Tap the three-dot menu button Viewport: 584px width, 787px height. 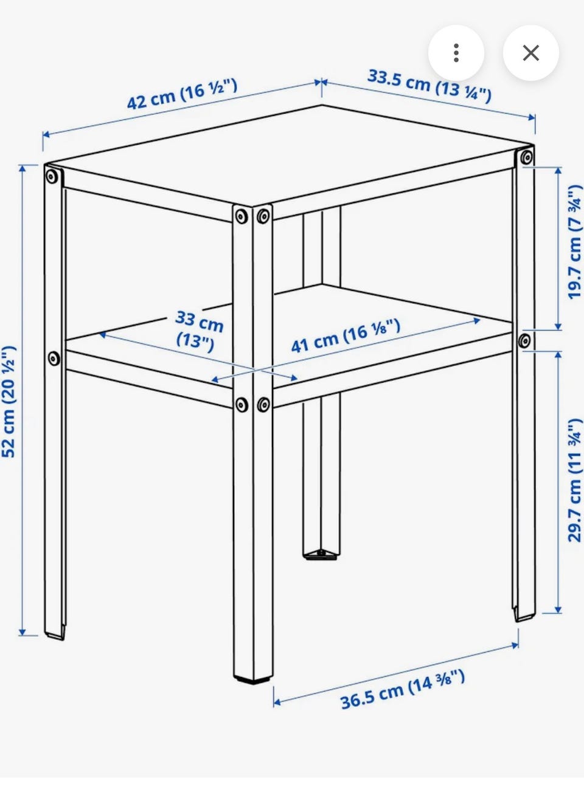point(456,53)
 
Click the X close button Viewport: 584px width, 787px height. point(530,53)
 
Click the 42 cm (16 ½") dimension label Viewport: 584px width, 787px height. point(182,94)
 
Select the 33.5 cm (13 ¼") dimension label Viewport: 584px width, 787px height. point(429,86)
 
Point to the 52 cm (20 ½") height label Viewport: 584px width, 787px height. point(9,401)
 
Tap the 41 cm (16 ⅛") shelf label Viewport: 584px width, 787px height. point(346,335)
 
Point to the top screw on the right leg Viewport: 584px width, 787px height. point(527,157)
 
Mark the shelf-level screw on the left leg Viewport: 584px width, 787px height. point(54,359)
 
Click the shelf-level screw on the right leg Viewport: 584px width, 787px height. point(524,341)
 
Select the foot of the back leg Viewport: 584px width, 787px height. point(321,555)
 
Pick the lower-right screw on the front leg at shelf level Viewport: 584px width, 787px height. point(263,405)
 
